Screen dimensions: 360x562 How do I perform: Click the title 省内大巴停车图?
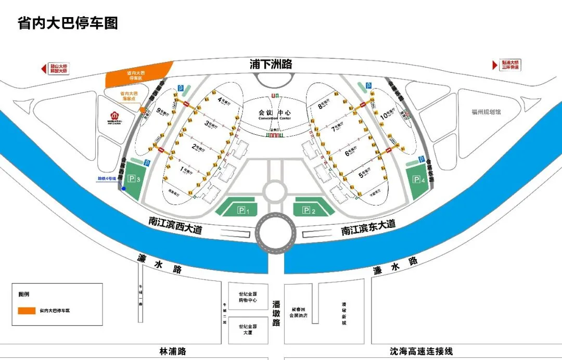[68, 23]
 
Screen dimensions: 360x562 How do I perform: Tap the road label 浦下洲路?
[271, 65]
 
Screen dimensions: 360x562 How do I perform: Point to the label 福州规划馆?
[486, 112]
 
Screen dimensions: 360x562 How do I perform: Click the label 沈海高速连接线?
[421, 352]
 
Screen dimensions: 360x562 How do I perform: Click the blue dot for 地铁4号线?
[124, 188]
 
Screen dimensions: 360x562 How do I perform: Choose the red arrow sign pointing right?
[495, 65]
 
